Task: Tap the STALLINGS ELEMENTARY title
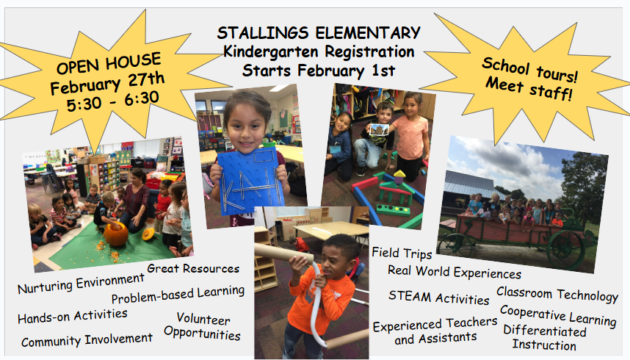point(319,33)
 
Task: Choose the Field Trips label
point(401,253)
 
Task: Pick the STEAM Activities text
point(438,298)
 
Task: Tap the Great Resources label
point(193,268)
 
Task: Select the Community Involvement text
point(87,340)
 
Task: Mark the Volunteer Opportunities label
point(203,327)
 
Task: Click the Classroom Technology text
point(557,294)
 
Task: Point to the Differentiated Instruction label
point(544,337)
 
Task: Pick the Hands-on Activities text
point(72,316)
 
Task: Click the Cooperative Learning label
point(558,315)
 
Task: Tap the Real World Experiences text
point(454,271)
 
